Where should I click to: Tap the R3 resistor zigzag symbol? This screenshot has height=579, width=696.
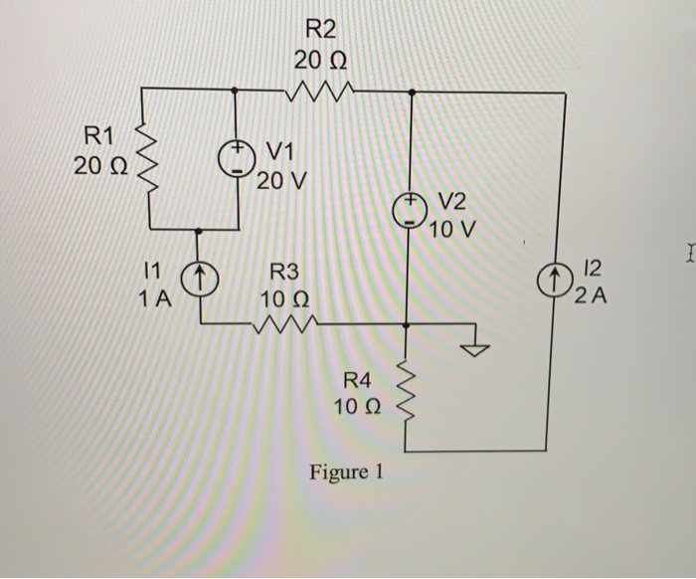click(285, 323)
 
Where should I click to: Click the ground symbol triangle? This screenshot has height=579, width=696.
click(479, 349)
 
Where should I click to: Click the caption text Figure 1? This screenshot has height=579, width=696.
click(345, 472)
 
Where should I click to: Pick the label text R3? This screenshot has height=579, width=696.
click(284, 271)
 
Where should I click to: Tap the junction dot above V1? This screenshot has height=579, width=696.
click(235, 90)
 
